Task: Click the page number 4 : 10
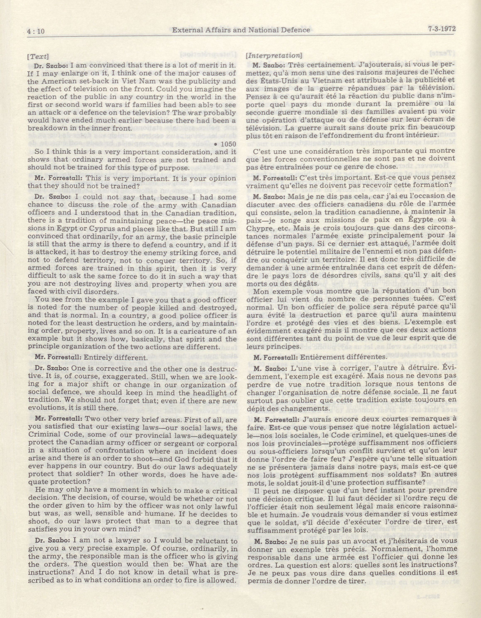click(x=36, y=31)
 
